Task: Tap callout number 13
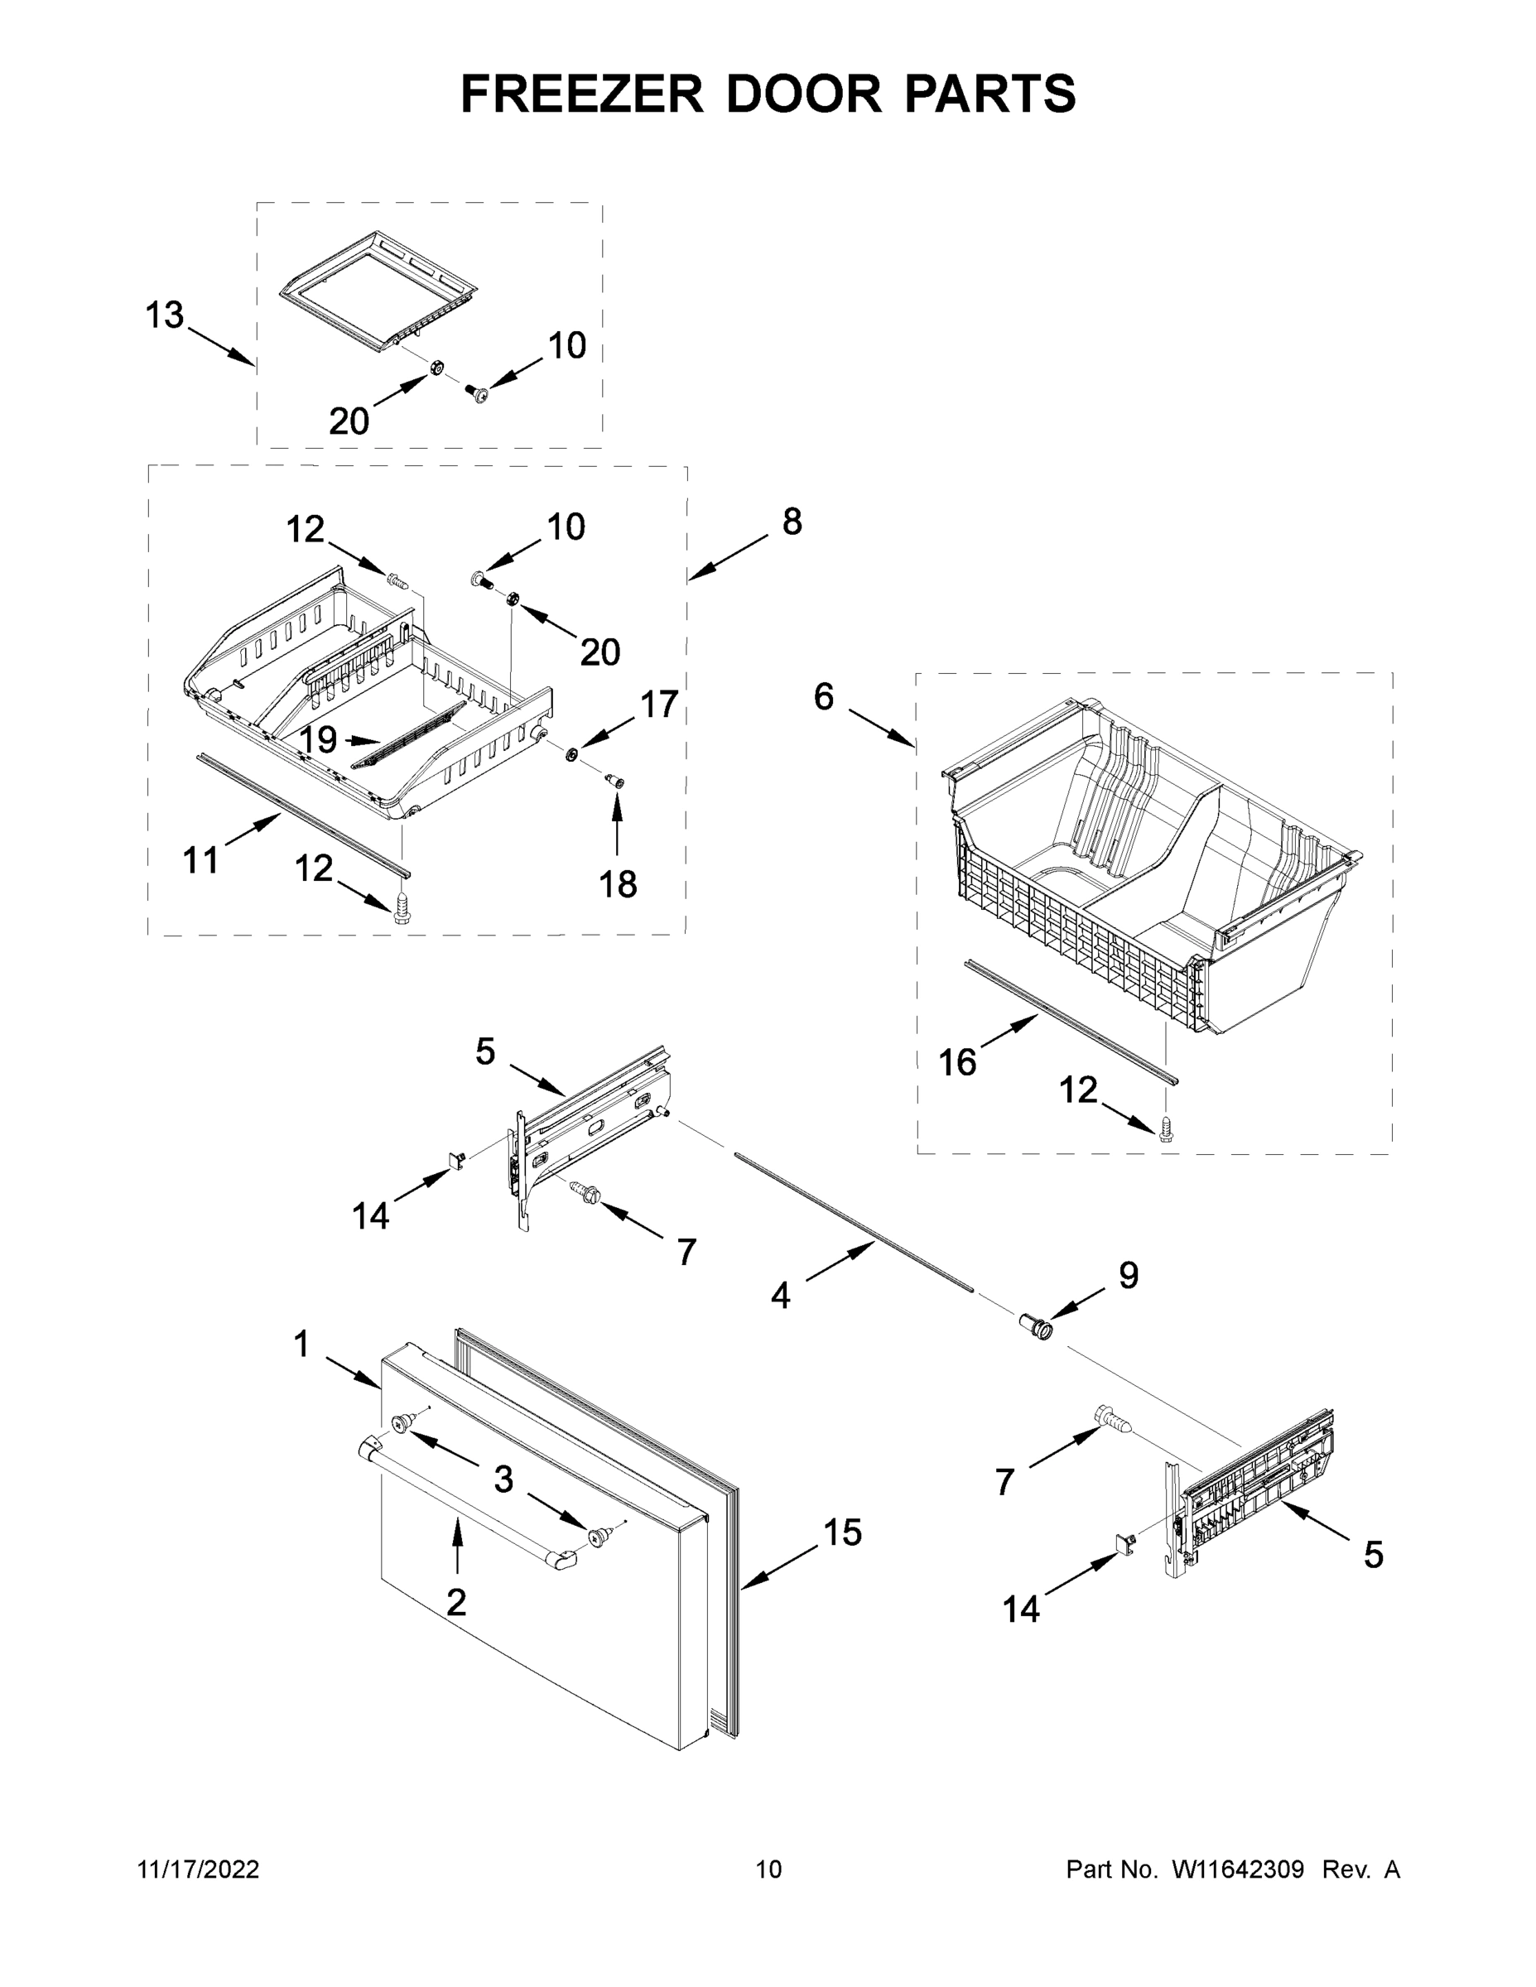click(165, 315)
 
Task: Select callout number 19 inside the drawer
click(319, 739)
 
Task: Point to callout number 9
click(1128, 1276)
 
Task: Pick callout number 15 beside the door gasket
click(842, 1532)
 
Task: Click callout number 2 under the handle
click(456, 1601)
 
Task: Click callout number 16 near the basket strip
click(957, 1061)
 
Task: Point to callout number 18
click(618, 883)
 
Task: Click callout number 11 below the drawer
click(201, 859)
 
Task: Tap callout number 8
click(792, 522)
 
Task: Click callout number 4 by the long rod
click(780, 1296)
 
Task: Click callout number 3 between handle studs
click(503, 1479)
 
